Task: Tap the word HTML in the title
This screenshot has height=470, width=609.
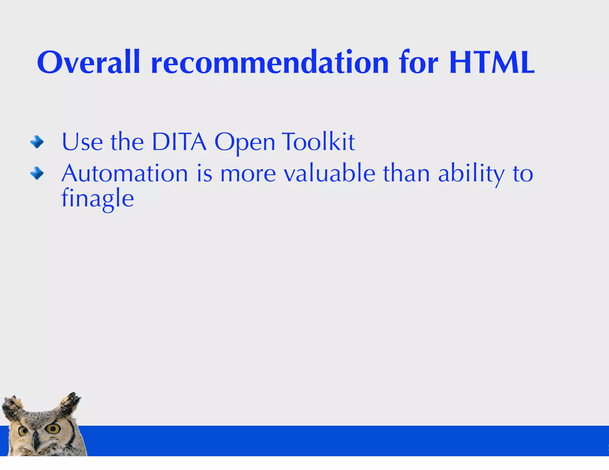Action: click(492, 63)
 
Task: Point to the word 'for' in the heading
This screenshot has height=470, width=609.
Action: click(419, 63)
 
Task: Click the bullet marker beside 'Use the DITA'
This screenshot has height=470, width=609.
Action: click(37, 142)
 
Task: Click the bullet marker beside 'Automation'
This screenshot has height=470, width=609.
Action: click(37, 173)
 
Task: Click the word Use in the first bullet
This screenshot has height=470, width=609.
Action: click(82, 142)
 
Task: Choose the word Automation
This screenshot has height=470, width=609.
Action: click(125, 174)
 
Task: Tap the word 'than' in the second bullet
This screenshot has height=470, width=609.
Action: click(406, 174)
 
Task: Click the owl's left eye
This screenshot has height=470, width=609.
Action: click(23, 430)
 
